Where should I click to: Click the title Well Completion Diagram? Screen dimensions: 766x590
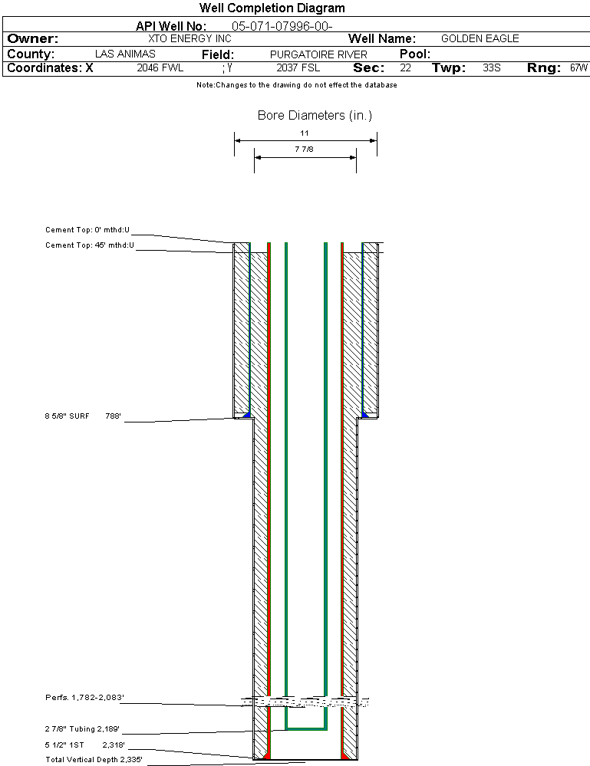tap(272, 8)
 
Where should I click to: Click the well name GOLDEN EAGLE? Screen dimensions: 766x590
tap(480, 38)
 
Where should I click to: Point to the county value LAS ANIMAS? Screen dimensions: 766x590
tap(125, 54)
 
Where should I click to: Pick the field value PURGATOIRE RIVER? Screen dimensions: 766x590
tap(318, 54)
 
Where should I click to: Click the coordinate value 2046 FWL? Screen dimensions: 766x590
tap(160, 68)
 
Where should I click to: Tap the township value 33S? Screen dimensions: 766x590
tap(492, 68)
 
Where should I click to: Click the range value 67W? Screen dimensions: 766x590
tap(578, 68)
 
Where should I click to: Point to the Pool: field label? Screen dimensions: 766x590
tap(415, 54)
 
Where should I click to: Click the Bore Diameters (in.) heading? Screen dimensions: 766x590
tap(315, 116)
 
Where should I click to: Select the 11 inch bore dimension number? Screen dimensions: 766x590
tap(305, 133)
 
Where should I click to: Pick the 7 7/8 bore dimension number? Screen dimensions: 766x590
tap(305, 150)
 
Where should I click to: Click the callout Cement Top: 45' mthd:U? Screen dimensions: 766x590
tap(89, 245)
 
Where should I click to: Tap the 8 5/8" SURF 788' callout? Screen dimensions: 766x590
tap(83, 416)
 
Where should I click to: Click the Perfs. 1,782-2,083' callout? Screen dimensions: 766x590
tap(84, 698)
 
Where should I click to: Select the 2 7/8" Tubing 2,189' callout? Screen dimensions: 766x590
tap(82, 729)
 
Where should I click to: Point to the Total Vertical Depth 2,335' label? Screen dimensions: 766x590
tap(94, 760)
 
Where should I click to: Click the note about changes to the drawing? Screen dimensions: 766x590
tap(296, 85)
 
